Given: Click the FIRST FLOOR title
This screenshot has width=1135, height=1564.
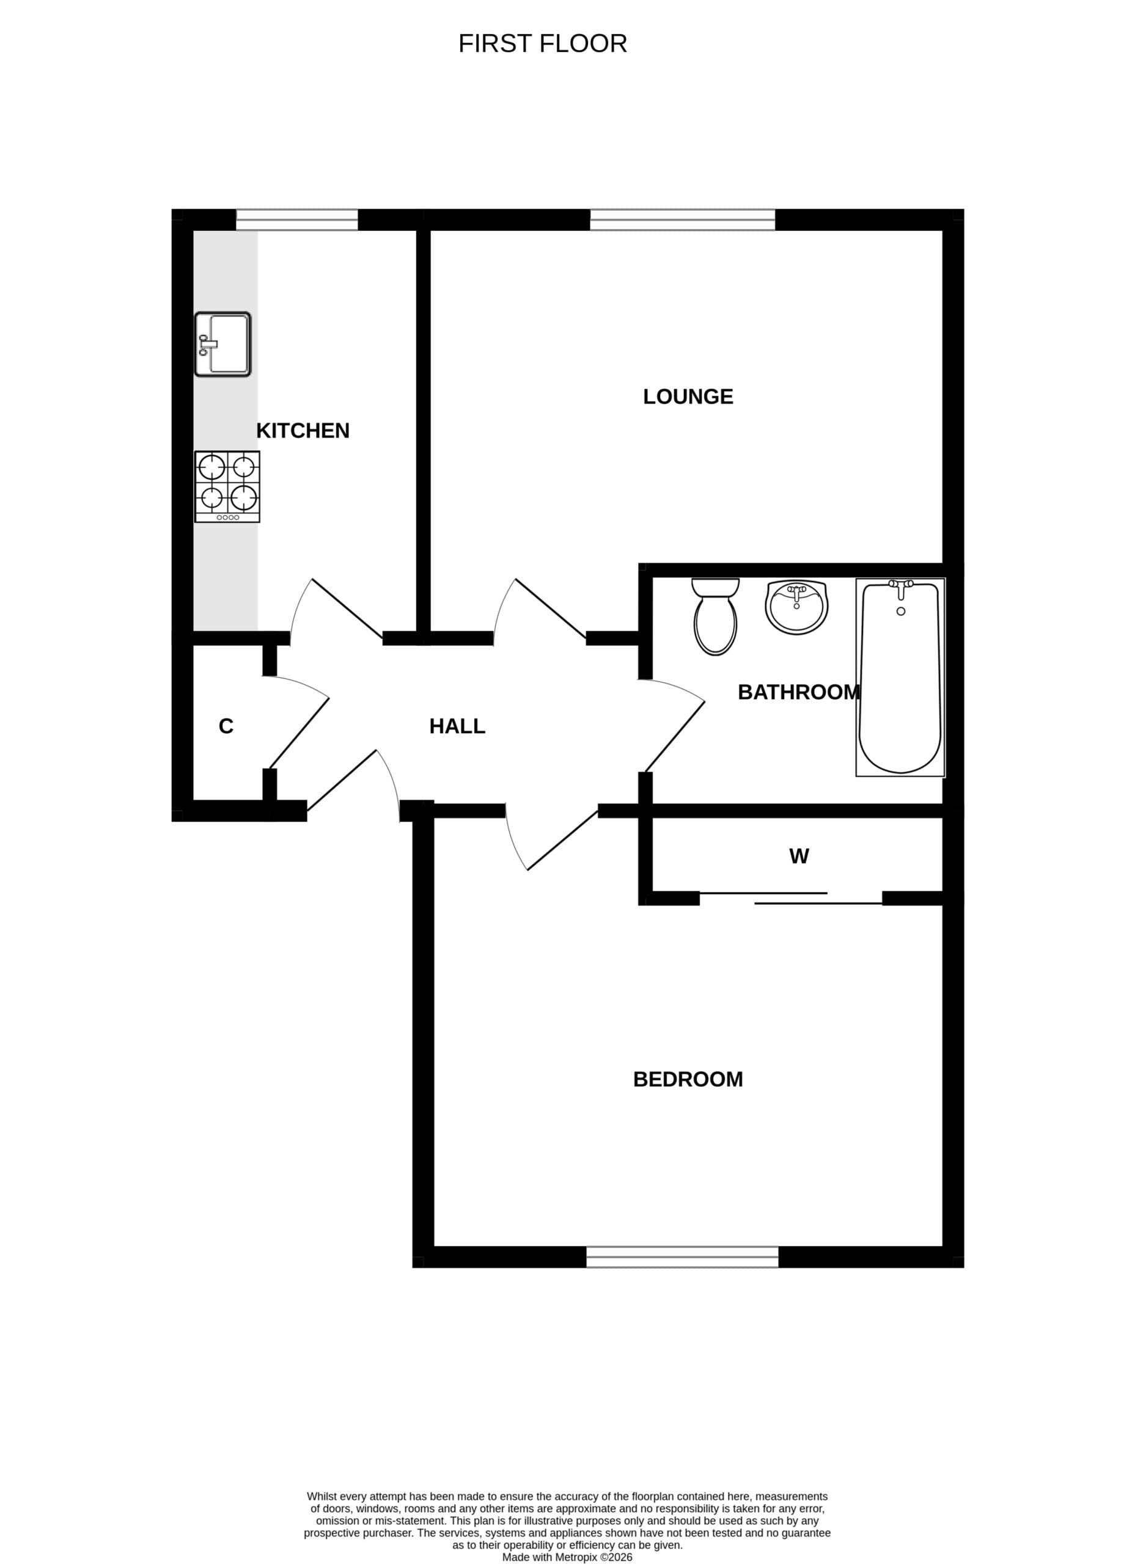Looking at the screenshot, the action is [x=542, y=43].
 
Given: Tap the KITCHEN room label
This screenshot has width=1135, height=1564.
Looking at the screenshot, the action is [x=303, y=430].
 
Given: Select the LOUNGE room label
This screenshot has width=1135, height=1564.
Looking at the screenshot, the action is [x=688, y=396].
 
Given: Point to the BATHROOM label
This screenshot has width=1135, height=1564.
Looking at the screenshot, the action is [x=799, y=692].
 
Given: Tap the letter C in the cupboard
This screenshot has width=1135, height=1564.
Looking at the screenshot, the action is [x=226, y=726].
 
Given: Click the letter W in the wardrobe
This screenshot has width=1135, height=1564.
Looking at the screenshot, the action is [x=799, y=856].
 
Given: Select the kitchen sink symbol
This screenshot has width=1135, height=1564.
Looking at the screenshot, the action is [x=222, y=344].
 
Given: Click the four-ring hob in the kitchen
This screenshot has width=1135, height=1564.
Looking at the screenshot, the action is [x=227, y=487].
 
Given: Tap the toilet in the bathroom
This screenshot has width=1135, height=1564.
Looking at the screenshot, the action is [x=716, y=616].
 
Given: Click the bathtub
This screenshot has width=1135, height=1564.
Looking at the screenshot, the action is [x=900, y=677].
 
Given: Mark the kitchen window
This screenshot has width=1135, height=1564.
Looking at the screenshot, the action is [x=298, y=219].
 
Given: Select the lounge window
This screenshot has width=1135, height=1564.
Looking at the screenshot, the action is [x=682, y=219].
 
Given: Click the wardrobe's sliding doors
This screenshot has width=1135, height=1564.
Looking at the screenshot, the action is [x=792, y=898].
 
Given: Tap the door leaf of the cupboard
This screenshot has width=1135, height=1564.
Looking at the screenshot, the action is [x=299, y=733].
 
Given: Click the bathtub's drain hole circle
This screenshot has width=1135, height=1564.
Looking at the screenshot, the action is [x=900, y=612].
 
